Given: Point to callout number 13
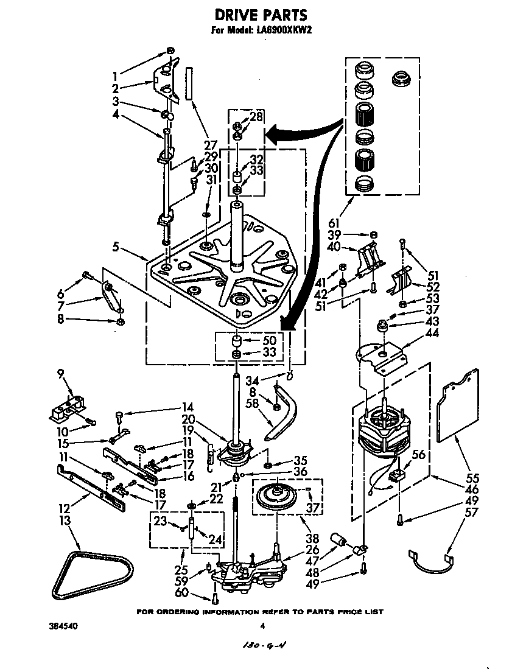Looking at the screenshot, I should (65, 520).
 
